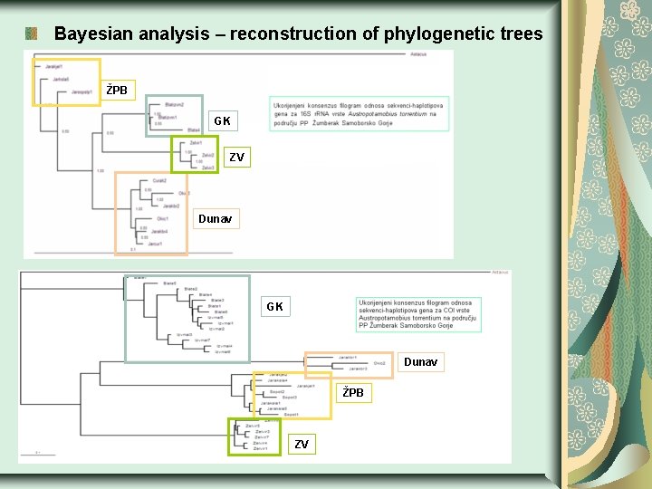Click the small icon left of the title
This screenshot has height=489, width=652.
(31, 34)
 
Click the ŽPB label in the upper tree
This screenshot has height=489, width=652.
(118, 91)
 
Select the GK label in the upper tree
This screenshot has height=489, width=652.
(222, 121)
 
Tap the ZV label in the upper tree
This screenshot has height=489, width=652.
(236, 158)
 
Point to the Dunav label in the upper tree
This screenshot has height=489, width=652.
(215, 219)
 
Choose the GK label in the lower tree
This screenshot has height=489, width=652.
(274, 307)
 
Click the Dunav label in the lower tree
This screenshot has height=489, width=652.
(420, 362)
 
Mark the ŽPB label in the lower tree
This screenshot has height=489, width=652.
(353, 393)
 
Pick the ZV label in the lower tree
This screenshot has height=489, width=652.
(302, 445)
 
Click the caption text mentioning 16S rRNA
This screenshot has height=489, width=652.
(359, 113)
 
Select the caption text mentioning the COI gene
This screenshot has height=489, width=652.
(417, 313)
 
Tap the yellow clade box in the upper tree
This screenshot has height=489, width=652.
(66, 82)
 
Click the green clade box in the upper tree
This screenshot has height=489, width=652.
(195, 154)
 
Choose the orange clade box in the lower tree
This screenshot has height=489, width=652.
(349, 365)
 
